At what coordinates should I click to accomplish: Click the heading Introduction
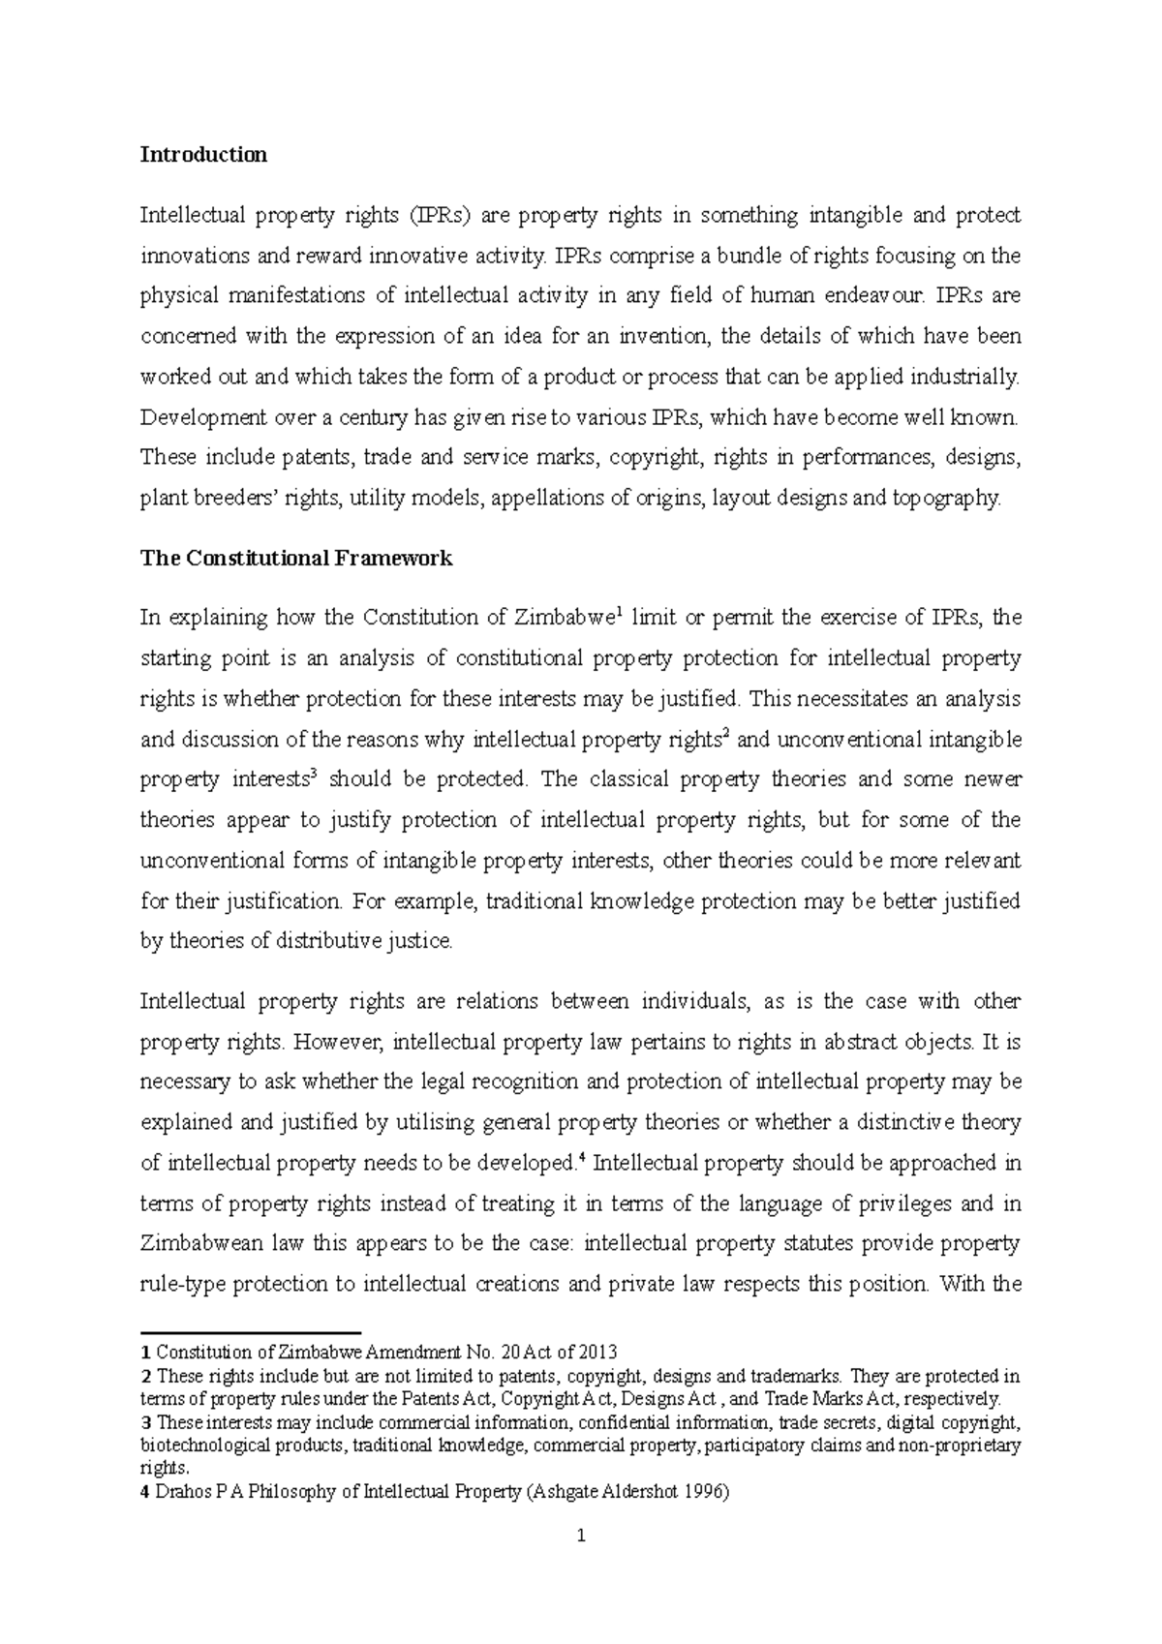203,155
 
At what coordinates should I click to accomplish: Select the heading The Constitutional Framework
296,559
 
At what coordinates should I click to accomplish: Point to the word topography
944,499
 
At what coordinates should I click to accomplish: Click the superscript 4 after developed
581,1157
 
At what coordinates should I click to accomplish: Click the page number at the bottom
581,1536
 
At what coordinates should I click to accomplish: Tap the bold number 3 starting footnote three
145,1423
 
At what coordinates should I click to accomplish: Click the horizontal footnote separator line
250,1332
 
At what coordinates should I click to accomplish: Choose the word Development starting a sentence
199,418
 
